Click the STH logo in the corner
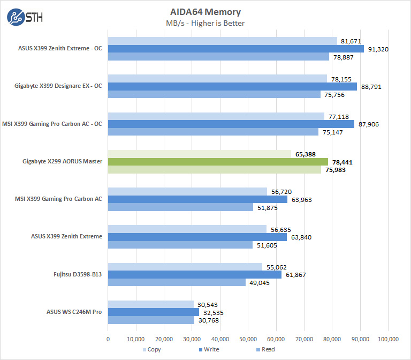tap(25, 17)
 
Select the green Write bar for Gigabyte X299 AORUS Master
tap(218, 162)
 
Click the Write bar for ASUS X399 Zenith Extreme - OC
tap(236, 49)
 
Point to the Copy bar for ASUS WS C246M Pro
tap(151, 304)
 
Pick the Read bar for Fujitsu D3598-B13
tap(177, 282)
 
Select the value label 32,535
tap(213, 312)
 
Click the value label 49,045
tap(260, 283)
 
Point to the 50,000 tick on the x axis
tap(248, 339)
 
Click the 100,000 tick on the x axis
tap(387, 339)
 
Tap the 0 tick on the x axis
tap(108, 339)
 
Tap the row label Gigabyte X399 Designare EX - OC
tap(58, 87)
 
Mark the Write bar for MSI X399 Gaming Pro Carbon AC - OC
tap(231, 124)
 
